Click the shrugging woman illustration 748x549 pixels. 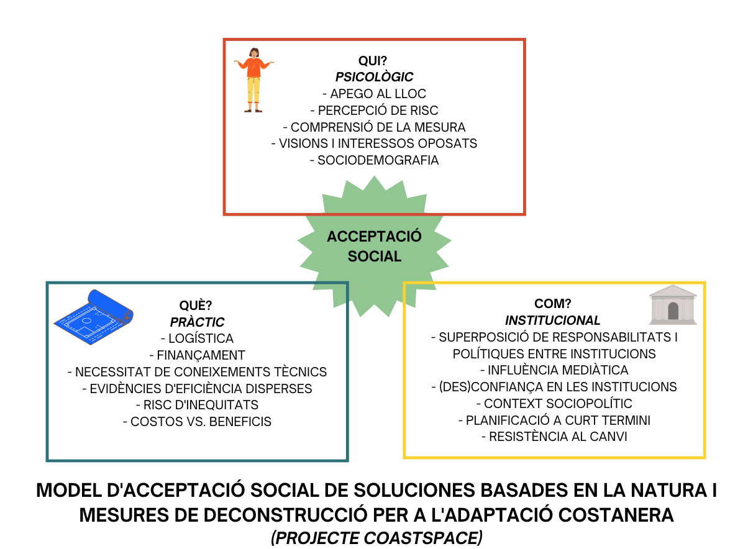click(x=253, y=79)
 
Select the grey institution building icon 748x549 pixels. click(x=673, y=306)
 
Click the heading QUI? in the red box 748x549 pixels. click(x=374, y=61)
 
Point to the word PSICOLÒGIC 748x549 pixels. click(x=374, y=77)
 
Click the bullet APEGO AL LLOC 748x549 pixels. click(x=374, y=94)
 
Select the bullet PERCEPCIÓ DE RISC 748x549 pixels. click(x=374, y=111)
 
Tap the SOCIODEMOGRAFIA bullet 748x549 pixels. click(x=374, y=160)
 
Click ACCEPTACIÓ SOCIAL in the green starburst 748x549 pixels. click(x=374, y=246)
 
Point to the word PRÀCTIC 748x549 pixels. click(x=197, y=322)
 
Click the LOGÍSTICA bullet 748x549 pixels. click(x=197, y=339)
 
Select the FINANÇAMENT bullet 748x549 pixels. click(x=197, y=355)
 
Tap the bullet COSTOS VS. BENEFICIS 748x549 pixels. click(x=197, y=422)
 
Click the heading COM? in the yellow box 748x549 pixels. click(x=553, y=304)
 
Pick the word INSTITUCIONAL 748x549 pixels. click(x=553, y=320)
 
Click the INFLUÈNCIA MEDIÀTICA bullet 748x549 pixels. click(x=553, y=370)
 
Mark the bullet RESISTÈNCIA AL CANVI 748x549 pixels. click(x=553, y=437)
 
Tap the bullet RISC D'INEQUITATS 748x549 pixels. click(x=197, y=405)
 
